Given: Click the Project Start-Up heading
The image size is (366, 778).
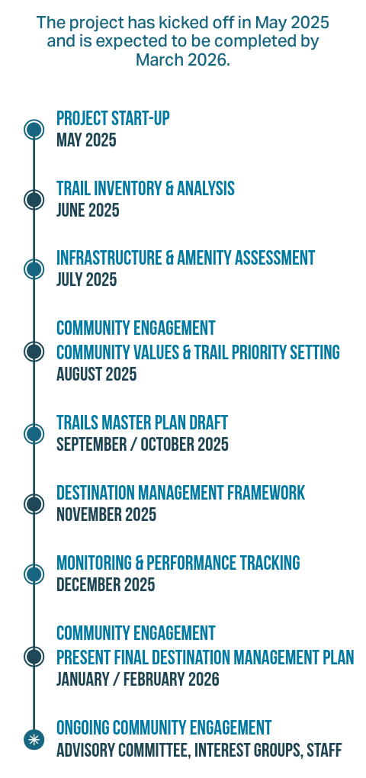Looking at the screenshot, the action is pyautogui.click(x=113, y=118).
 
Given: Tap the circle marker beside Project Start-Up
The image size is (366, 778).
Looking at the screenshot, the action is pyautogui.click(x=34, y=130).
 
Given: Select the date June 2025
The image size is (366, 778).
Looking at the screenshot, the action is pyautogui.click(x=88, y=211).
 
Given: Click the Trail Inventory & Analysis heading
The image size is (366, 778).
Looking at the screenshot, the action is pyautogui.click(x=146, y=188).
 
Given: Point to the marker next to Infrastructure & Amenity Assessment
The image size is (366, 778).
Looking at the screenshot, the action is pyautogui.click(x=34, y=269).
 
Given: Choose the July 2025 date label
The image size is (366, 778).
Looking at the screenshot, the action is pyautogui.click(x=87, y=280).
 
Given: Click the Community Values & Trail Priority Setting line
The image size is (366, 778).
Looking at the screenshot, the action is pyautogui.click(x=198, y=352).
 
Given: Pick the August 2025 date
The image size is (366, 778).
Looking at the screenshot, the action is pyautogui.click(x=96, y=374).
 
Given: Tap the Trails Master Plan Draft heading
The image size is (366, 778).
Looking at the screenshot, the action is pyautogui.click(x=142, y=423).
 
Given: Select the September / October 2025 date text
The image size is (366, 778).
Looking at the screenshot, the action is pyautogui.click(x=143, y=445).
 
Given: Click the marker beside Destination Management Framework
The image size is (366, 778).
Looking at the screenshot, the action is pyautogui.click(x=34, y=504).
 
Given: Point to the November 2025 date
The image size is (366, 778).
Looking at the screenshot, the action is pyautogui.click(x=106, y=515).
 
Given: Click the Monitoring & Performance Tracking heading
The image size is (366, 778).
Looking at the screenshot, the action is pyautogui.click(x=178, y=563).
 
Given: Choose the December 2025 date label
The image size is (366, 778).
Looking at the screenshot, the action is pyautogui.click(x=106, y=584).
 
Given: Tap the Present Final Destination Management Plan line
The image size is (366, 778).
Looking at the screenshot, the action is pyautogui.click(x=205, y=657).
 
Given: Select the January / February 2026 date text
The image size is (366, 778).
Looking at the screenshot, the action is pyautogui.click(x=138, y=679).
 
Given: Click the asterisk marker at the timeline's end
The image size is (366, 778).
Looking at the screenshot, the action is pyautogui.click(x=34, y=740).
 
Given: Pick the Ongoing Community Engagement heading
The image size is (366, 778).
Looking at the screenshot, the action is pyautogui.click(x=164, y=728).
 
